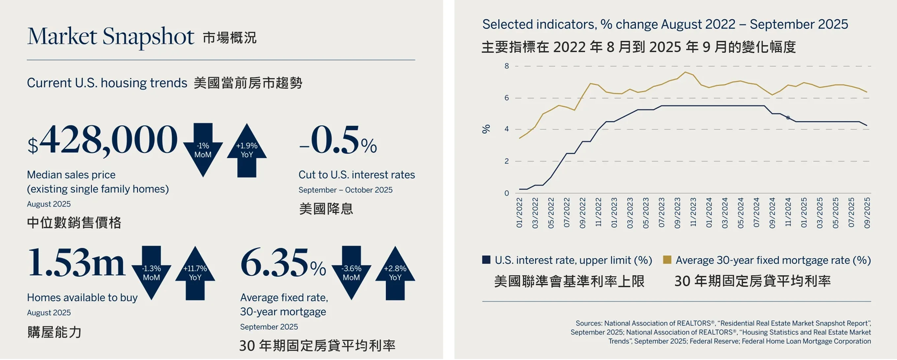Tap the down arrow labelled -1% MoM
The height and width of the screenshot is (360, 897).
pyautogui.click(x=203, y=150)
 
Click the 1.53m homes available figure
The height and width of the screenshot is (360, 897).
pyautogui.click(x=76, y=263)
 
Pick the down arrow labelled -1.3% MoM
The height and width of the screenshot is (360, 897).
pyautogui.click(x=151, y=273)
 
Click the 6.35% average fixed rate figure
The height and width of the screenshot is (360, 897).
pyautogui.click(x=283, y=263)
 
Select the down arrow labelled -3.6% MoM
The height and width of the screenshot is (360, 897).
pyautogui.click(x=351, y=273)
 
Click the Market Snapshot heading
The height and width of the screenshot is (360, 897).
pyautogui.click(x=111, y=36)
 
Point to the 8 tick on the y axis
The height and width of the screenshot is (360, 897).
pyautogui.click(x=507, y=66)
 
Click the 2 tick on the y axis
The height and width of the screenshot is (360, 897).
pyautogui.click(x=507, y=161)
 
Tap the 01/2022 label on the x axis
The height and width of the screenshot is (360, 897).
pyautogui.click(x=519, y=213)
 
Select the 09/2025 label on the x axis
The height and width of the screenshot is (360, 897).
pyautogui.click(x=867, y=213)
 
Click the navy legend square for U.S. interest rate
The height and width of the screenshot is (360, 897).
pyautogui.click(x=486, y=260)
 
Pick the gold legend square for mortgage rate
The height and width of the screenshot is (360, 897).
pyautogui.click(x=667, y=260)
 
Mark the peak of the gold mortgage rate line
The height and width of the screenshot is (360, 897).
pyautogui.click(x=685, y=72)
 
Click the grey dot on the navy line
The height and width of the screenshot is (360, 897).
pyautogui.click(x=788, y=118)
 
